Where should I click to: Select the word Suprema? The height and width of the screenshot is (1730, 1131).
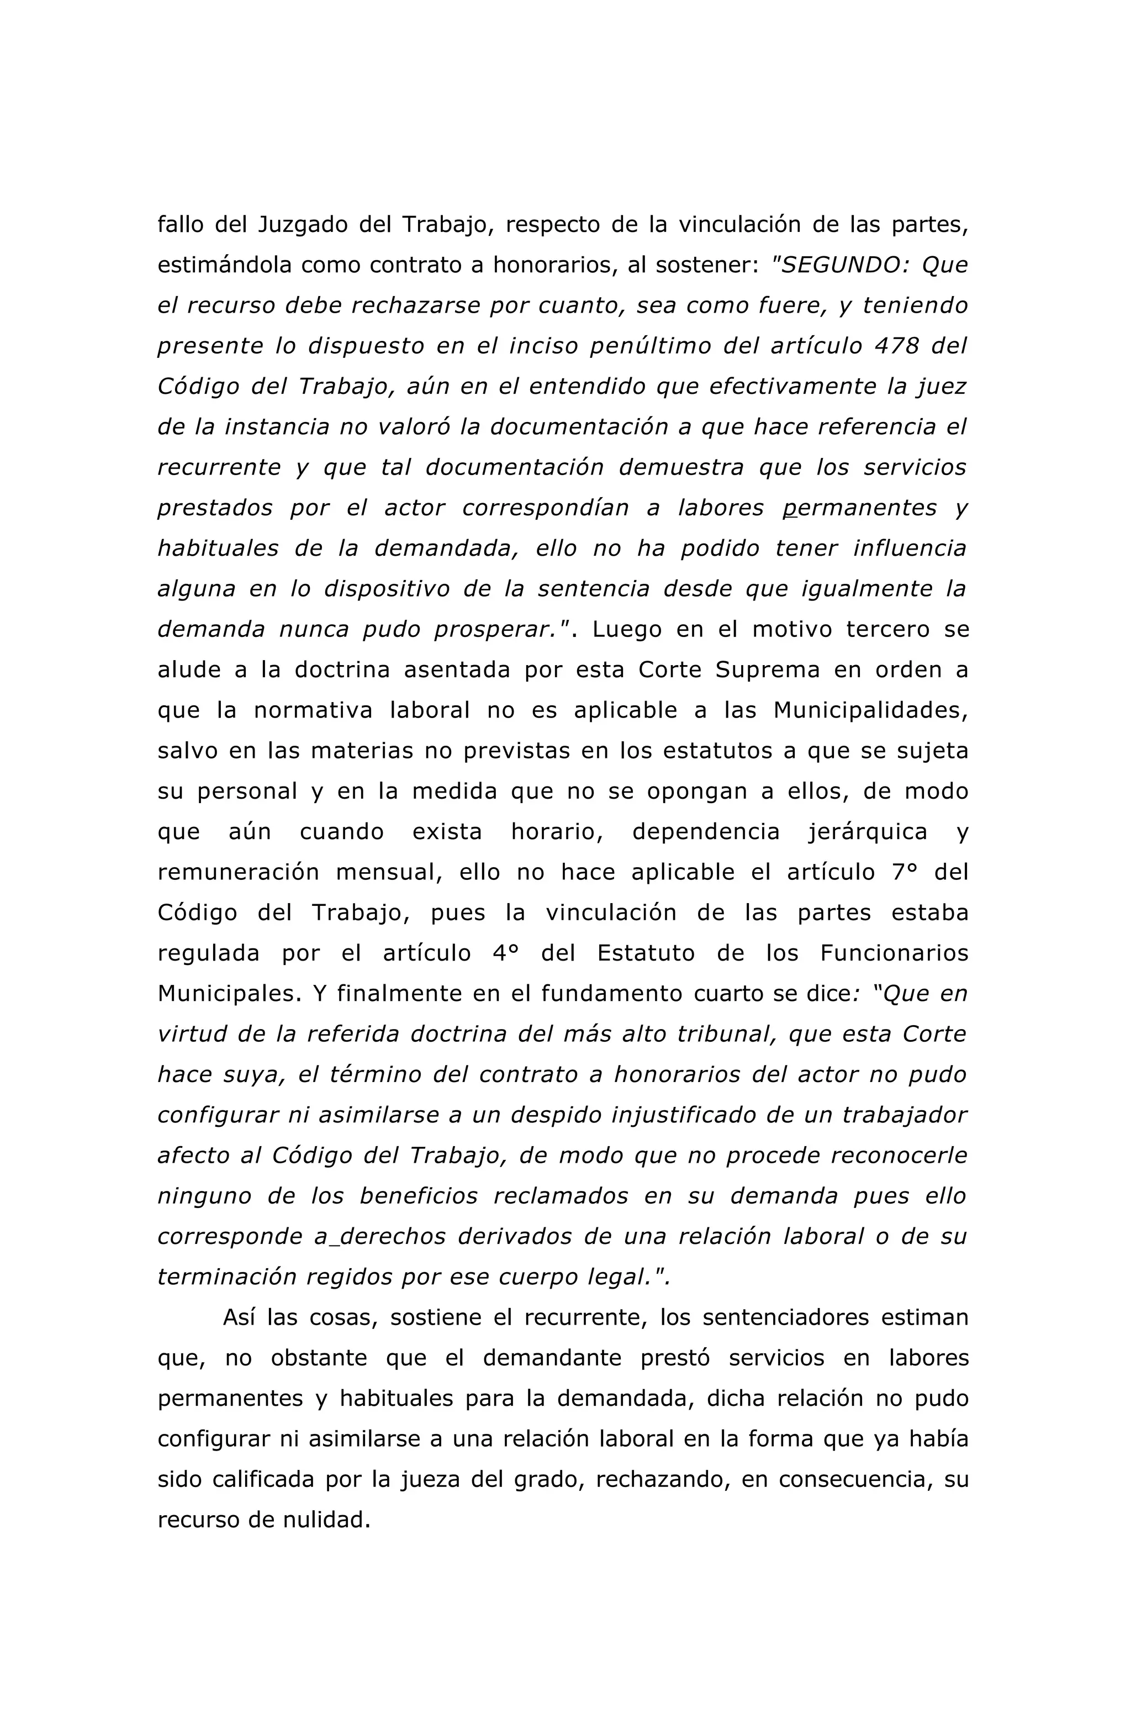[767, 669]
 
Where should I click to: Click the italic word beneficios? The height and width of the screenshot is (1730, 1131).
[419, 1196]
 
